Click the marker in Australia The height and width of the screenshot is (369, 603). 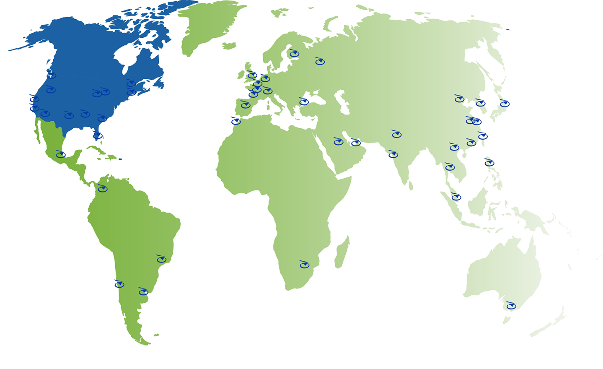tap(510, 306)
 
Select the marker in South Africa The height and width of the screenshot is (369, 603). tap(304, 264)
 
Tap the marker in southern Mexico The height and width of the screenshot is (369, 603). tap(61, 154)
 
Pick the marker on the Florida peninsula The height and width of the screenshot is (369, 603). tap(97, 135)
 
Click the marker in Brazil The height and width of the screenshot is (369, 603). tap(161, 259)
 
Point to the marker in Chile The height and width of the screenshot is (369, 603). tap(119, 284)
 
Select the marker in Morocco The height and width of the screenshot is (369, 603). tap(236, 121)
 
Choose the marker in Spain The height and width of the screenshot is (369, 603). tap(246, 104)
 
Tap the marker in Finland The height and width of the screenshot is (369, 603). tap(294, 54)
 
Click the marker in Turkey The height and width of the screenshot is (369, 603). tap(304, 101)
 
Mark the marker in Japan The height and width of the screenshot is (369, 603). tap(504, 103)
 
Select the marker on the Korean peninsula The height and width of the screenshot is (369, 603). tap(480, 103)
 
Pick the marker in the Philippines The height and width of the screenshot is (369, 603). tap(489, 162)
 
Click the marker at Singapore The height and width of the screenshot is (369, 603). tap(456, 197)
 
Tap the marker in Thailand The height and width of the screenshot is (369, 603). tap(450, 167)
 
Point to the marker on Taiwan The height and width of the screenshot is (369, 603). tap(483, 136)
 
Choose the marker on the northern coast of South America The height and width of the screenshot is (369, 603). tap(102, 188)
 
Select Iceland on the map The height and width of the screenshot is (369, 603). tap(229, 46)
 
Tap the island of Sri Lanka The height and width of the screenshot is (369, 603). tap(411, 185)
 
